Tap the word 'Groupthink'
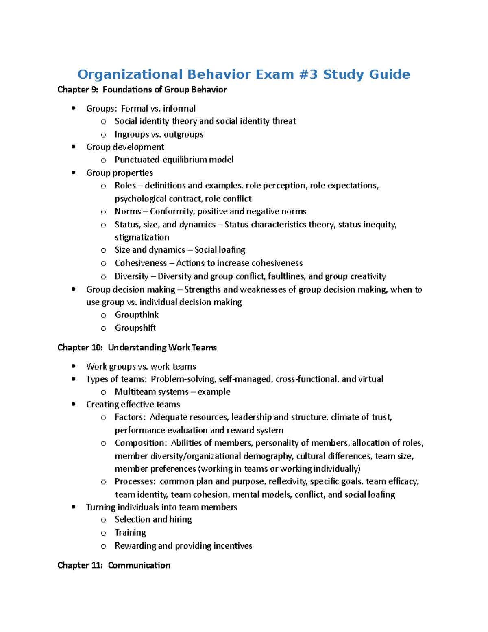137,315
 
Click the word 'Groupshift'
135,328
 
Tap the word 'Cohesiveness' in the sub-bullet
141,263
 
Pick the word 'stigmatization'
142,237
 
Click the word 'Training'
130,533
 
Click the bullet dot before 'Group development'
74,147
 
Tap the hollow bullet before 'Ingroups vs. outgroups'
103,135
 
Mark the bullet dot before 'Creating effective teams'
74,405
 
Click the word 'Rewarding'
135,546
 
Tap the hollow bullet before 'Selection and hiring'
103,520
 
